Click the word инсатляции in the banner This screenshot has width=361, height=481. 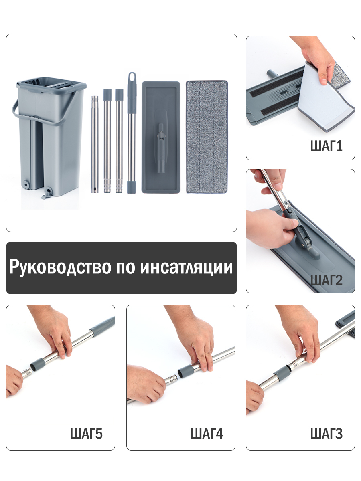click(x=186, y=267)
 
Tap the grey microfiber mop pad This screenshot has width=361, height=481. click(x=207, y=137)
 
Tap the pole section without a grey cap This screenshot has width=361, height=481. click(x=95, y=144)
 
